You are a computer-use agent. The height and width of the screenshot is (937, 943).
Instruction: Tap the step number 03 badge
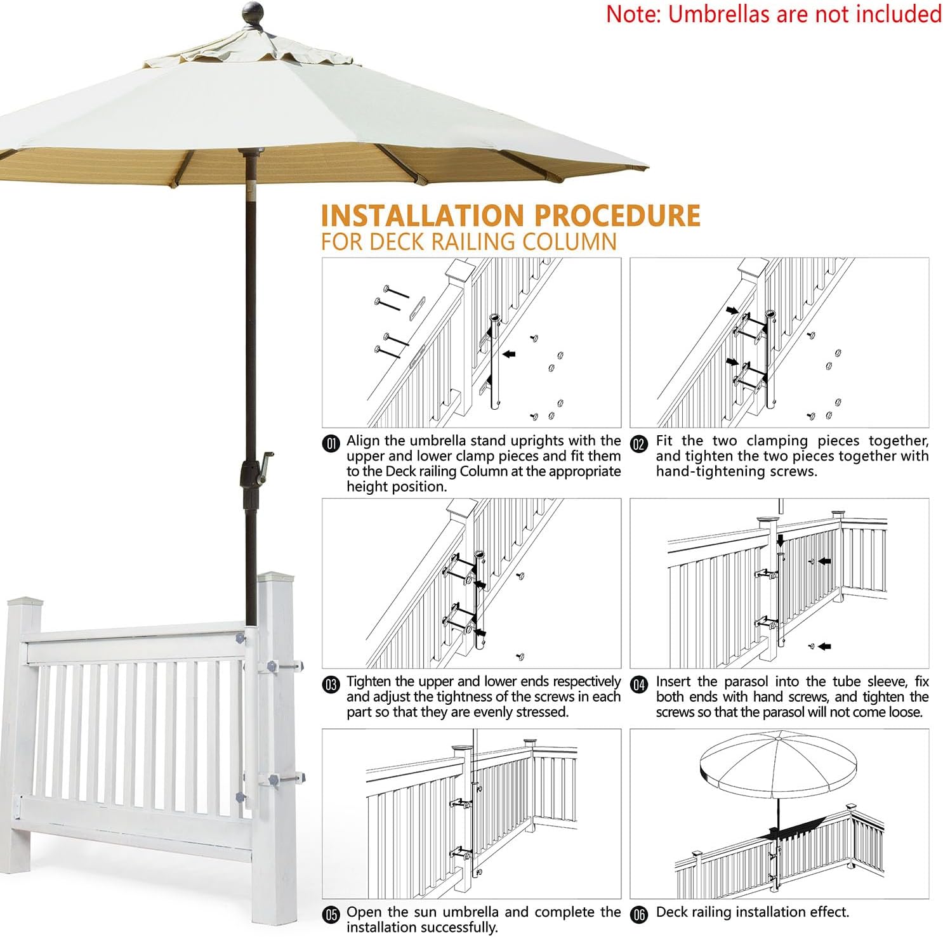tap(331, 685)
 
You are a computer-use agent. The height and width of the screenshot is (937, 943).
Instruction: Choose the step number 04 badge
tap(639, 685)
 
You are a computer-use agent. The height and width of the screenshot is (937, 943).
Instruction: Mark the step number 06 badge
tap(639, 914)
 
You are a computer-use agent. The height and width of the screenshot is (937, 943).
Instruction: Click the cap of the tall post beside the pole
tap(275, 578)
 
